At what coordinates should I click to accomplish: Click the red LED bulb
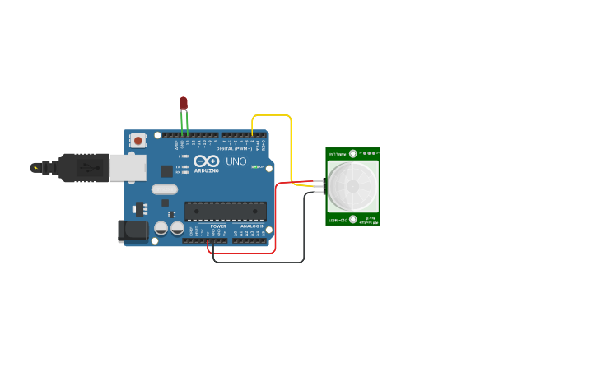(184, 103)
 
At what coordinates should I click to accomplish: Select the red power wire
(275, 222)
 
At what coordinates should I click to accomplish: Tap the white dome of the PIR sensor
(352, 186)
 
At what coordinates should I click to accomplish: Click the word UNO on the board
(236, 161)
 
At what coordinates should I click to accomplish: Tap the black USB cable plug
(83, 166)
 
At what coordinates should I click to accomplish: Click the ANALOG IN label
(252, 226)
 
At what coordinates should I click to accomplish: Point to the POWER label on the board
(218, 226)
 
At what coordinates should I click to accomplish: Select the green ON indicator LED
(255, 167)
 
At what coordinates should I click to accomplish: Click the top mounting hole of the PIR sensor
(352, 153)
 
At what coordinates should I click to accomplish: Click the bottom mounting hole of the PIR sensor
(352, 219)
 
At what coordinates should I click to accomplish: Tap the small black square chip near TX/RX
(167, 171)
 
